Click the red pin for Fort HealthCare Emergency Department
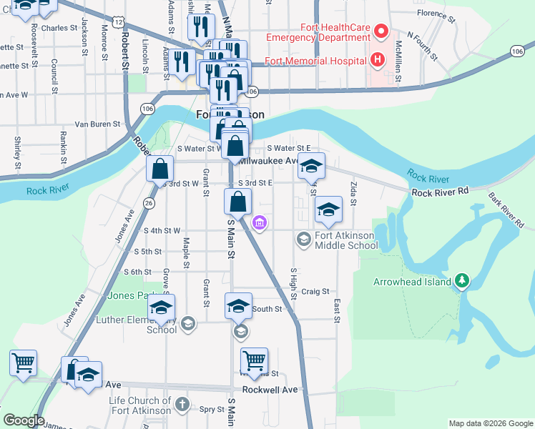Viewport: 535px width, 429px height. click(x=381, y=31)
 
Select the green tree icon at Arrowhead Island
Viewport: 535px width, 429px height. click(x=462, y=281)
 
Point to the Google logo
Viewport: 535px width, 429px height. click(x=24, y=420)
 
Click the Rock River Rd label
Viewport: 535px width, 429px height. click(x=439, y=192)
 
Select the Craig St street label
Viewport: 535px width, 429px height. click(x=315, y=291)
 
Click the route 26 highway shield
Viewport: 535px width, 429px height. click(x=148, y=203)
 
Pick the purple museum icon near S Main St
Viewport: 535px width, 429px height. click(x=259, y=224)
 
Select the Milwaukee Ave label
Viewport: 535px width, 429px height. click(x=268, y=162)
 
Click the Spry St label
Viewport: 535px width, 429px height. click(x=212, y=409)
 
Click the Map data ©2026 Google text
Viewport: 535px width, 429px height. click(x=490, y=423)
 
